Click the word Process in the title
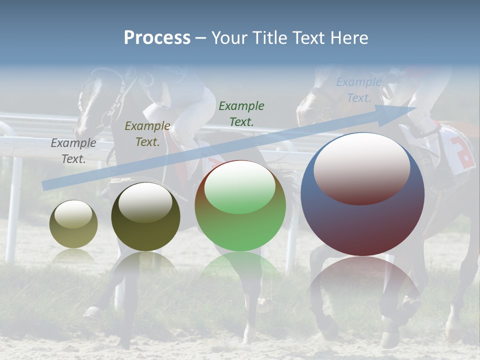point(157,38)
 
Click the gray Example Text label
point(73,151)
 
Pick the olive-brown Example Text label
point(147,134)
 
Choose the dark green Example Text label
point(241,113)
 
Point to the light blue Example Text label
point(359,90)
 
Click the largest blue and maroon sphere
point(362,220)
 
